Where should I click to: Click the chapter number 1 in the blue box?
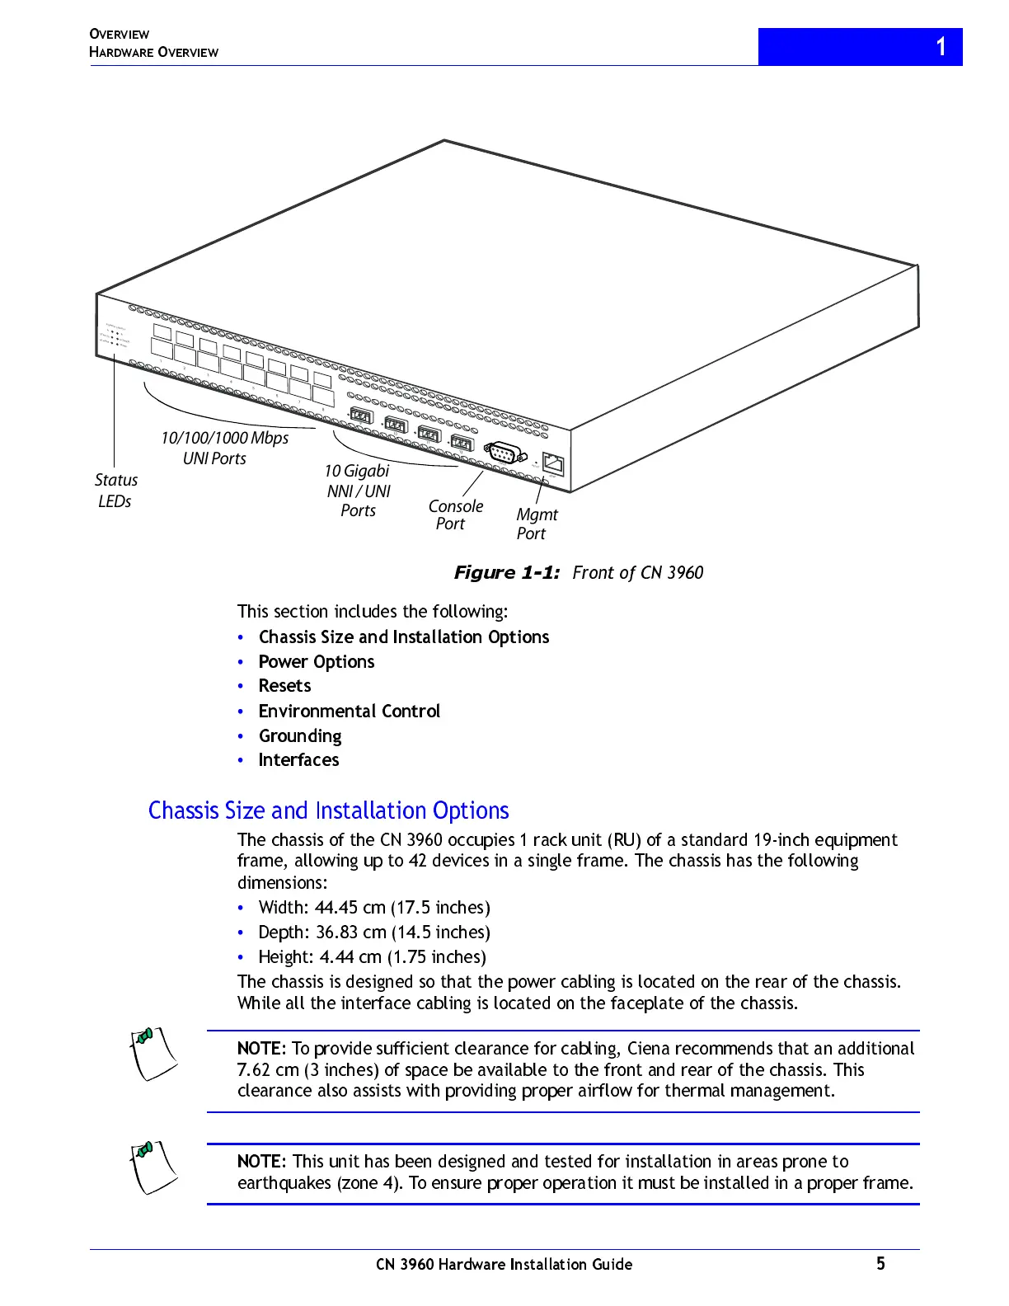941,46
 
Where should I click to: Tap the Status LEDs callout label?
115,491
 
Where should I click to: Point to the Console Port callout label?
455,514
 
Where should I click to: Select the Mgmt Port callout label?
537,524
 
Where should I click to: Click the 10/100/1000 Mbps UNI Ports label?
223,448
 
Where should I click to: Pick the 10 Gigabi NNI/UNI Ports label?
358,491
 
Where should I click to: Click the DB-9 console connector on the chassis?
505,453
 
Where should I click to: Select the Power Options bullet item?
316,661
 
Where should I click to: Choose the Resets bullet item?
284,686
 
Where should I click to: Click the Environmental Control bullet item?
349,711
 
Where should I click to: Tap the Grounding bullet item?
299,735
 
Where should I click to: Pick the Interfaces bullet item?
298,760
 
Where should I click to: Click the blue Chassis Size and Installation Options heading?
328,810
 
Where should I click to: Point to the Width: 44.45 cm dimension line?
373,908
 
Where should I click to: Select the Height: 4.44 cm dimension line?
372,957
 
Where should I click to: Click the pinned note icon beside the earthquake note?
153,1167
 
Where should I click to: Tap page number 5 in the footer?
880,1263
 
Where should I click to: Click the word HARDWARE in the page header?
121,52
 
